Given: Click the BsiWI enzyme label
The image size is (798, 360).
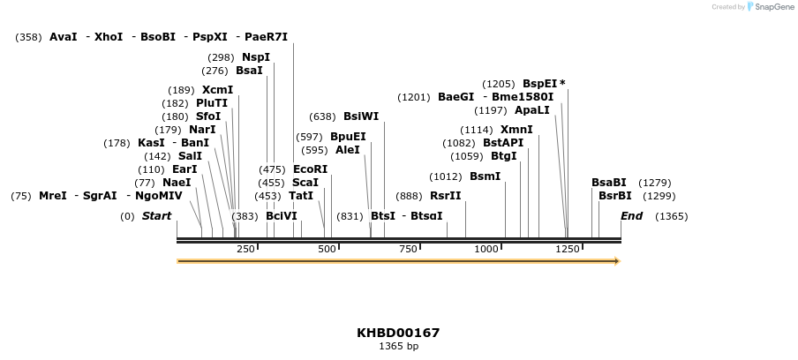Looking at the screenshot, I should tap(361, 116).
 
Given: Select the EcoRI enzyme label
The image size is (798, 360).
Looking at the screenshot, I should tap(310, 169).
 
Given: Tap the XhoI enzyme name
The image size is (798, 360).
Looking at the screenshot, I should tap(109, 37).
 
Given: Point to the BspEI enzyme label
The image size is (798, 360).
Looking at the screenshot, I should tap(539, 84).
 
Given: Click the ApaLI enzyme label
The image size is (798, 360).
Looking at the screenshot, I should tap(531, 110).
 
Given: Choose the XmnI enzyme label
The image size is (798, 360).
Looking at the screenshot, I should tap(516, 130).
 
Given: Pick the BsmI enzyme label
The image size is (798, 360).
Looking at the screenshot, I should tap(485, 176).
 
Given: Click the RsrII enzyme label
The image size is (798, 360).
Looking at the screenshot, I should tap(445, 196).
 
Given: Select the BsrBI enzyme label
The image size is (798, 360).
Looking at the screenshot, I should tap(615, 196).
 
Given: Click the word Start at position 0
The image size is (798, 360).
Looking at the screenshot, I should tap(156, 216).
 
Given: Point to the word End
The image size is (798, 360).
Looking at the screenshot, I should tap(631, 216).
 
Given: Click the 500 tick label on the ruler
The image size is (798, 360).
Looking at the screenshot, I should tap(327, 250).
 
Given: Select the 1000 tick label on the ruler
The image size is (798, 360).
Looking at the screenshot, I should tap(486, 250).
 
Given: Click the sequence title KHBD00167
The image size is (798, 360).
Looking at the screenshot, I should tap(398, 333).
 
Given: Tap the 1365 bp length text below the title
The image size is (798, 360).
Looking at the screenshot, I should tap(398, 347).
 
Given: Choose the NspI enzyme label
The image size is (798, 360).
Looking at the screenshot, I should tap(256, 57).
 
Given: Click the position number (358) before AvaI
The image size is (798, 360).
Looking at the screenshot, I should tap(29, 37).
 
